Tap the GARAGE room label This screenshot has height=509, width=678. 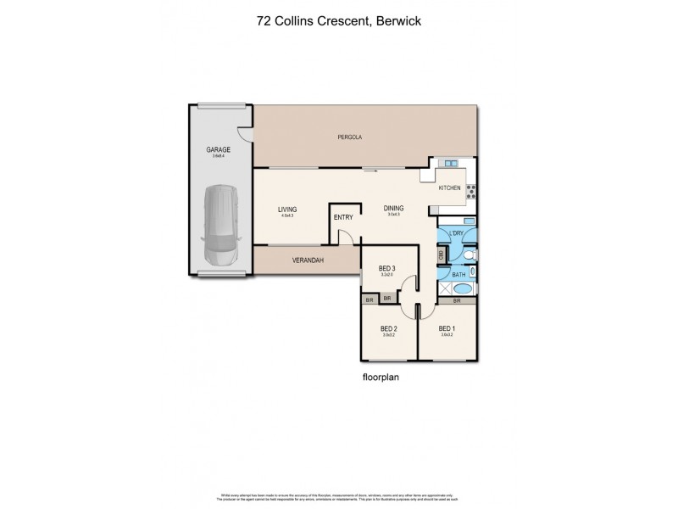(x=219, y=149)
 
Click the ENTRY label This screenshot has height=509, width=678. (x=343, y=217)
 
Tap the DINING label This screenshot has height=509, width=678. (x=393, y=208)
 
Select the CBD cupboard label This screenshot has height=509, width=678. (x=442, y=254)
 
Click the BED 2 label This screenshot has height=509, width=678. (x=389, y=328)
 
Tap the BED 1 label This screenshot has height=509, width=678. (x=447, y=328)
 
